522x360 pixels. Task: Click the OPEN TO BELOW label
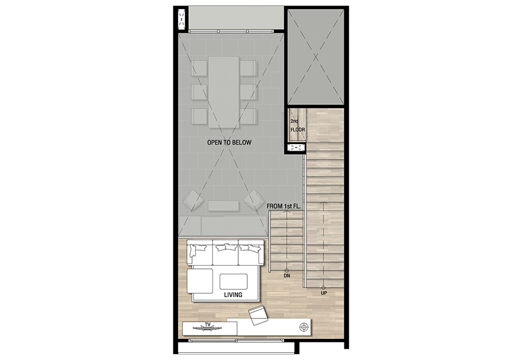[x=229, y=143]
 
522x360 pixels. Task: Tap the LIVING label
[x=233, y=295]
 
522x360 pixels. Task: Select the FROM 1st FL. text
[x=284, y=206]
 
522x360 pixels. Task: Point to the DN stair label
[x=287, y=276]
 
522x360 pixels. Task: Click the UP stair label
[x=323, y=293]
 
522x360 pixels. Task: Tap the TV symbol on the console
[x=208, y=328]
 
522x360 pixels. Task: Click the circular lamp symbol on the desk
[x=304, y=327]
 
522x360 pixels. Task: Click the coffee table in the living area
[x=233, y=282]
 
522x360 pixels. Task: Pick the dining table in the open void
[x=224, y=92]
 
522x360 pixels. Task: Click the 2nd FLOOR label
[x=297, y=125]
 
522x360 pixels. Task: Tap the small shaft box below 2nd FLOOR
[x=296, y=147]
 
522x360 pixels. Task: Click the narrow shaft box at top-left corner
[x=181, y=20]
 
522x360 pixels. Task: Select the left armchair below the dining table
[x=193, y=200]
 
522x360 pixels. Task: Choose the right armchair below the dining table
[x=254, y=200]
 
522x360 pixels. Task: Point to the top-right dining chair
[x=248, y=68]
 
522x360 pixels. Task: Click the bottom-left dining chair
[x=199, y=116]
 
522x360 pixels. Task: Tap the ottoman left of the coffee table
[x=200, y=281]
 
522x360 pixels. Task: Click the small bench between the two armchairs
[x=223, y=206]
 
